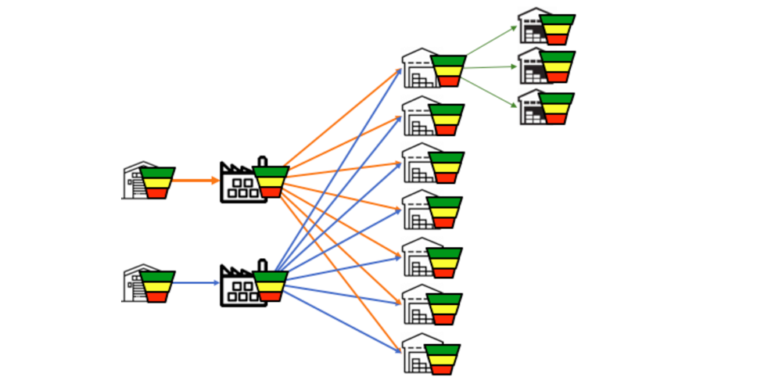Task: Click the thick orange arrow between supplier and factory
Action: pyautogui.click(x=195, y=181)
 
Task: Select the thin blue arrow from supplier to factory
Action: pyautogui.click(x=195, y=282)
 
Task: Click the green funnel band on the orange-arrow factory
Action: pyautogui.click(x=271, y=171)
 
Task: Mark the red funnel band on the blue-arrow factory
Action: pyautogui.click(x=270, y=296)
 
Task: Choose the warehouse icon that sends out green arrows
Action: pyautogui.click(x=420, y=69)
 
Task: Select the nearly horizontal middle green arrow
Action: pyautogui.click(x=491, y=67)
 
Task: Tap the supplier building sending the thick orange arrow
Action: pyautogui.click(x=138, y=181)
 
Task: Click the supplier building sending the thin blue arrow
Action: pyautogui.click(x=138, y=284)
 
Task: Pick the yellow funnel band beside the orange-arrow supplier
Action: pyautogui.click(x=157, y=183)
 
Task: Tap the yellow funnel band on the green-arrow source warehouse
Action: pyautogui.click(x=448, y=71)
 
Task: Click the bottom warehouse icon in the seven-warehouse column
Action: pyautogui.click(x=418, y=355)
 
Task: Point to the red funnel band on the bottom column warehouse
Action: pyautogui.click(x=443, y=369)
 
